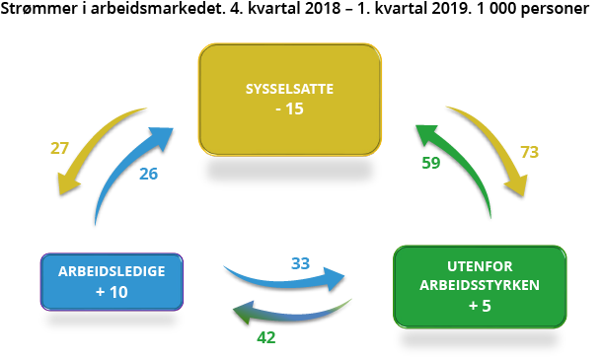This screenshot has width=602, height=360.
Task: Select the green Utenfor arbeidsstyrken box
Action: click(480, 286)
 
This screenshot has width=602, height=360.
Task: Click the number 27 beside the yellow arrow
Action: click(60, 150)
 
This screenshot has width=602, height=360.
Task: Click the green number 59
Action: click(431, 163)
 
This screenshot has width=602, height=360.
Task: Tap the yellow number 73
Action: click(531, 153)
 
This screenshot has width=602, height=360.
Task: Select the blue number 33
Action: click(301, 263)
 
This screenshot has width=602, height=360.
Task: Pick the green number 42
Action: click(265, 336)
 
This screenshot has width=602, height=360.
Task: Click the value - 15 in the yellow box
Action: click(289, 108)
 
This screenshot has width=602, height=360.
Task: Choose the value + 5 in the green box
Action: click(480, 306)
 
